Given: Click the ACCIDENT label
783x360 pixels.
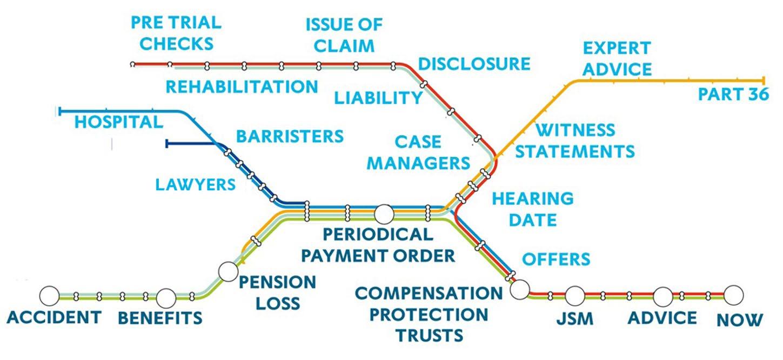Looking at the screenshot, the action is coord(54,317).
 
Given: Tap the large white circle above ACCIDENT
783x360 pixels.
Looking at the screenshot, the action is coord(50,295).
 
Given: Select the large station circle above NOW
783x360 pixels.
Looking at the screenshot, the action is coord(733,295).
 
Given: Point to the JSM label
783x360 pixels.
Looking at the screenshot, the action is coord(574,319).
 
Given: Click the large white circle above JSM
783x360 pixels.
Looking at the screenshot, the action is coord(575,296).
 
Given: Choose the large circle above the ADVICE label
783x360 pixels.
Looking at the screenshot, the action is coord(662,296).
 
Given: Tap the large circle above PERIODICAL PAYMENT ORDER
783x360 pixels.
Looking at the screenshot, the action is coord(384,214).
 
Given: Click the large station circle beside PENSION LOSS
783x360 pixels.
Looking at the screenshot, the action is coord(228,270).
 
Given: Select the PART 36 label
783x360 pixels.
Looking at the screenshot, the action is coord(733,95).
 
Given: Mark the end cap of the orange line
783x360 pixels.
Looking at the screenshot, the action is coord(764,81).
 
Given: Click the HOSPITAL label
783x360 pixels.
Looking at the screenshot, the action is coord(118,122).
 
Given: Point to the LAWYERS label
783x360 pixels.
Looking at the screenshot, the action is coord(196,184).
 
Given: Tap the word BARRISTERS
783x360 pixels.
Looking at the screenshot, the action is coord(290,136).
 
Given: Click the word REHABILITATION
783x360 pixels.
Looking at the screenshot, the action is coord(242,86).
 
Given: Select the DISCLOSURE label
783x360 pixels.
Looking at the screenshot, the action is coord(474,64).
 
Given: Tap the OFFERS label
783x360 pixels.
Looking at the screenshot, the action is coord(556,259).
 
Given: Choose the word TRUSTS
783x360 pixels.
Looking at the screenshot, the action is coord(430,335).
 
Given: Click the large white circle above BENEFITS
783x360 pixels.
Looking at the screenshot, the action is coord(166,297).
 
